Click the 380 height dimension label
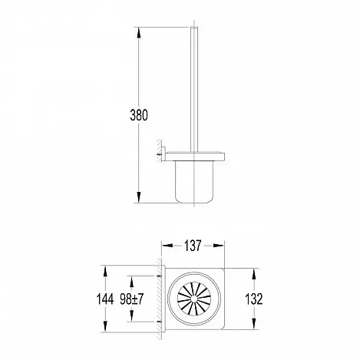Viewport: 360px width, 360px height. [139, 115]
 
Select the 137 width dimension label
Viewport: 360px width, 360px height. [193, 246]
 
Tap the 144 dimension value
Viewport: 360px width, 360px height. [105, 299]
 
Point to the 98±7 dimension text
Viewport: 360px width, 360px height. [132, 299]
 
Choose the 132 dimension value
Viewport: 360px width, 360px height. [254, 299]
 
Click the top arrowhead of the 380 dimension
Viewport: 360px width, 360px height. [139, 33]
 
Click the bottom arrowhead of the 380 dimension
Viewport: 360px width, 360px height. [139, 197]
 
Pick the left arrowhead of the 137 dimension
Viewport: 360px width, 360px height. [167, 246]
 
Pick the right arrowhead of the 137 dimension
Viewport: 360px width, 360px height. [219, 246]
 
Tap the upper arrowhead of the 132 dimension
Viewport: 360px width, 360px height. [254, 274]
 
